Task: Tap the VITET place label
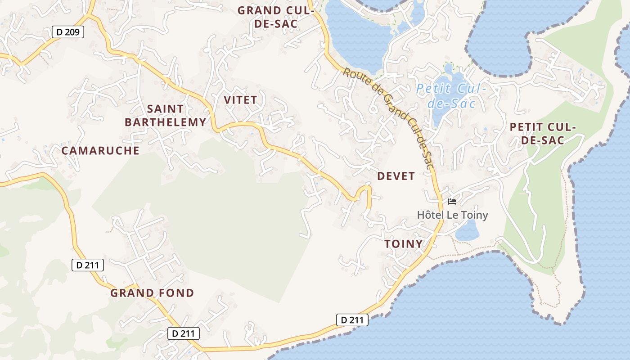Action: tap(240, 100)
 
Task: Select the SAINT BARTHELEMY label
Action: tap(166, 115)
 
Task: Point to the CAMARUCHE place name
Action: tap(100, 151)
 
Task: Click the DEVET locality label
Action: tap(396, 176)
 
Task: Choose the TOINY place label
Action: tap(404, 244)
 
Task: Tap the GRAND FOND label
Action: tap(152, 293)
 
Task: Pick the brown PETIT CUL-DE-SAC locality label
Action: tap(543, 134)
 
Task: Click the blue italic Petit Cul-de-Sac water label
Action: tap(451, 96)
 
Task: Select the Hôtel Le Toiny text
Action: tap(452, 215)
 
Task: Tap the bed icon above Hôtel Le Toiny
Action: tap(452, 202)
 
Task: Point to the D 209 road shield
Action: tap(68, 32)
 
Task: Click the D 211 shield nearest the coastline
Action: tap(352, 320)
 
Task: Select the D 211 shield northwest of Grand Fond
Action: tap(88, 265)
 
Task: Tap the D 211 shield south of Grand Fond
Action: tap(184, 333)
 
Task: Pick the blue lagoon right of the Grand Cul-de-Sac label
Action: tap(355, 36)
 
